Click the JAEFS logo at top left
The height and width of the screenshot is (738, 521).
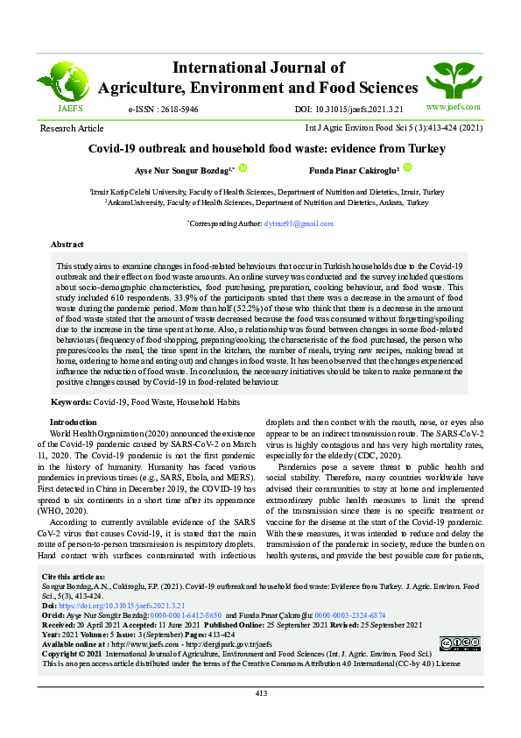pos(70,83)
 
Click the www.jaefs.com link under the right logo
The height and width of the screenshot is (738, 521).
pos(453,107)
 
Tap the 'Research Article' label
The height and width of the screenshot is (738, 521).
pos(72,129)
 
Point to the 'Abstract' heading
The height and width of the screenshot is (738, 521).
pos(67,245)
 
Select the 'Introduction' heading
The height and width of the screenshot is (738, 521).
pos(74,422)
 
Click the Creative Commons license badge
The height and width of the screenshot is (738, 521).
pos(460,644)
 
